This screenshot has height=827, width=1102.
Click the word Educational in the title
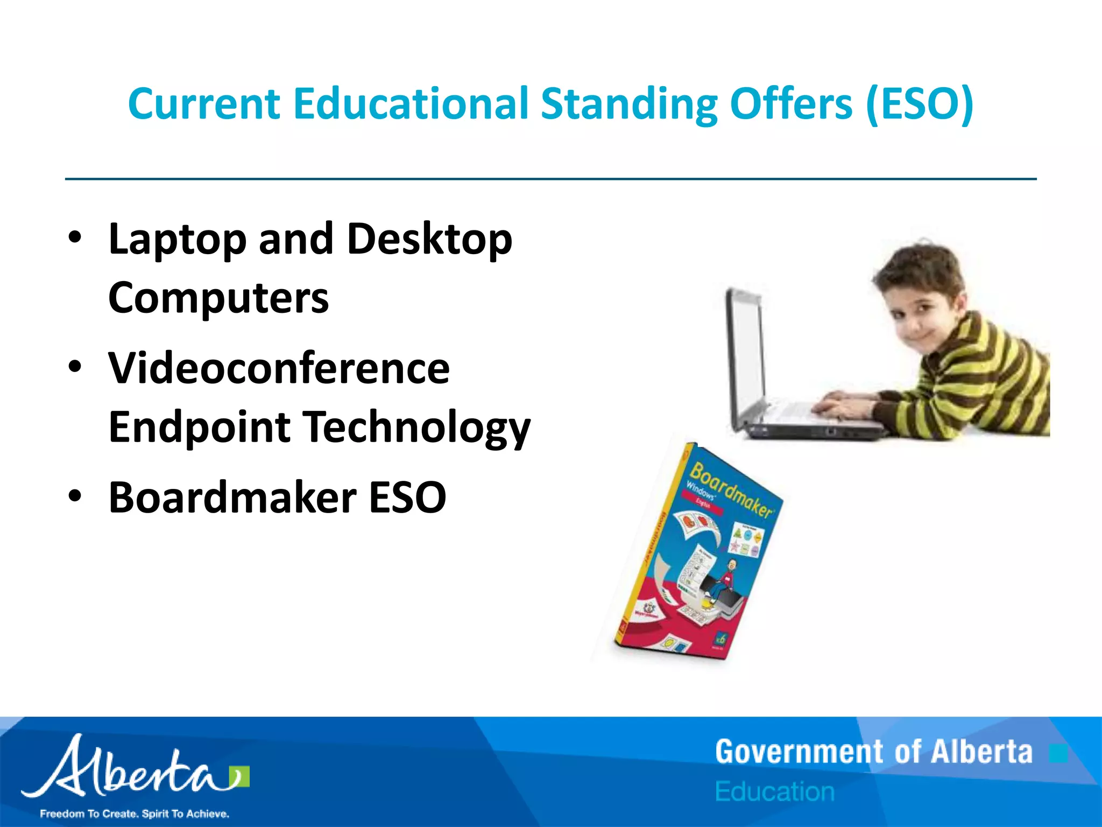[411, 103]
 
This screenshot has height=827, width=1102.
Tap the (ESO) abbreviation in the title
[920, 103]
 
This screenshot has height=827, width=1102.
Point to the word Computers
[218, 298]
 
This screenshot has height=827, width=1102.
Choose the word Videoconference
[279, 368]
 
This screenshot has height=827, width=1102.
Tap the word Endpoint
[199, 427]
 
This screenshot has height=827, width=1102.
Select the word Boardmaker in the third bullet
[232, 497]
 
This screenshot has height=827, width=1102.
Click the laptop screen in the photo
[746, 350]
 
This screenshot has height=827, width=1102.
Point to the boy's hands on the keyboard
[839, 401]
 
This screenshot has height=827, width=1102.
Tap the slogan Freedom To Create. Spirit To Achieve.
[135, 814]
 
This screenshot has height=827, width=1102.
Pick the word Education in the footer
[775, 792]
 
